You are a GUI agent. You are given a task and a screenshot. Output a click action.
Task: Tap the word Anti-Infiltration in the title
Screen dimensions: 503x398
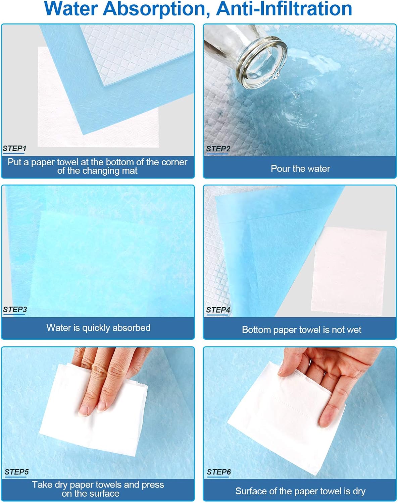pyautogui.click(x=284, y=9)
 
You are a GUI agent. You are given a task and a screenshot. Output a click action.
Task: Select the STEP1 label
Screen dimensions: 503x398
pyautogui.click(x=14, y=148)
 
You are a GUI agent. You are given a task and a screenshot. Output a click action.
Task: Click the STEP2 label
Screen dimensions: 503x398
pyautogui.click(x=218, y=149)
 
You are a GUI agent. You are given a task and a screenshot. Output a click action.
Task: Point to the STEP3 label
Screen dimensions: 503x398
pyautogui.click(x=15, y=310)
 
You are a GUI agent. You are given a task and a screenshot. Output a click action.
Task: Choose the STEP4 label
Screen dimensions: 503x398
pyautogui.click(x=218, y=310)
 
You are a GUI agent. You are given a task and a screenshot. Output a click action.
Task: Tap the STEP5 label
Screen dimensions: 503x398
pyautogui.click(x=16, y=472)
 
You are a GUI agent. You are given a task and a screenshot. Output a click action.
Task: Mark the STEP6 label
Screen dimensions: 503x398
pyautogui.click(x=219, y=472)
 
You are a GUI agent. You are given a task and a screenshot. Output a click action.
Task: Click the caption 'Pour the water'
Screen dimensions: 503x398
pyautogui.click(x=300, y=168)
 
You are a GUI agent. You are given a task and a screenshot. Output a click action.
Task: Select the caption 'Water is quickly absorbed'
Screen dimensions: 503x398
pyautogui.click(x=98, y=328)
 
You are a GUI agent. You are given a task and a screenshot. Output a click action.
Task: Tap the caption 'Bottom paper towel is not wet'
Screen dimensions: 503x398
pyautogui.click(x=301, y=330)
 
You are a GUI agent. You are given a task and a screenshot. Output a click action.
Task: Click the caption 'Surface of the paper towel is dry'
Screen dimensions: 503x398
pyautogui.click(x=300, y=491)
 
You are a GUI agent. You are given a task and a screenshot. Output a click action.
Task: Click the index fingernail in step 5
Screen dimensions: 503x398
pyautogui.click(x=84, y=410)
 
